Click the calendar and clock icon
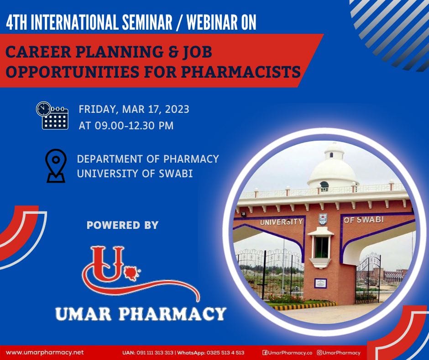click(52, 115)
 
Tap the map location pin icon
click(56, 165)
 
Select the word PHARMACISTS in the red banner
click(241, 72)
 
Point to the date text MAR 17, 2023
click(156, 109)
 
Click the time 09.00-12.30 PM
click(134, 126)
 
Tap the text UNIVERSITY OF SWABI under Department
click(135, 174)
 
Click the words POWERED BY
click(123, 225)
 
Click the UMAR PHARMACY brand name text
click(141, 314)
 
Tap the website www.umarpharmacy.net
click(45, 352)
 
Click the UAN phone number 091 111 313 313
click(155, 353)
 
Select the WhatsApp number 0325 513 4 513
click(225, 353)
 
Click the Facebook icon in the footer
click(265, 353)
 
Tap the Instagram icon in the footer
click(319, 353)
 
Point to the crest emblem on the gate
click(323, 219)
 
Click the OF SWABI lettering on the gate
click(364, 219)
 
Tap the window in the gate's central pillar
click(321, 247)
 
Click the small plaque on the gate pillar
click(320, 283)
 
